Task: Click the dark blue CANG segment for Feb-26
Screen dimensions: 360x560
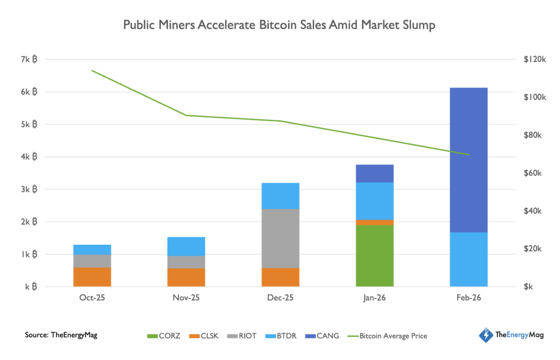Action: [469, 160]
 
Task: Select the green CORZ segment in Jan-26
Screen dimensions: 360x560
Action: [375, 255]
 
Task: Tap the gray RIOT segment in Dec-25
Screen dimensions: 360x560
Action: [281, 238]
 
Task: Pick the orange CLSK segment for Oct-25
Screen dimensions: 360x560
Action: [92, 277]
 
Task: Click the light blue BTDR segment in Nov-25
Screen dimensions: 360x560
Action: [186, 246]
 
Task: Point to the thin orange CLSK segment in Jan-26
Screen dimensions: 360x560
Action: [375, 222]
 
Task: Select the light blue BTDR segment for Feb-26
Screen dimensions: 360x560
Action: [469, 259]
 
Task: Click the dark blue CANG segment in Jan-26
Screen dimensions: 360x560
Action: [375, 174]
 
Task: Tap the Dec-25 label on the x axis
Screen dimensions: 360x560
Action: [281, 298]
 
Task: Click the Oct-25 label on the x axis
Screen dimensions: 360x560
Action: [92, 298]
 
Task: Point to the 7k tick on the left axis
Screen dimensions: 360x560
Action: [29, 59]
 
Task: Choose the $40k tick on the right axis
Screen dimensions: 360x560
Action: [535, 211]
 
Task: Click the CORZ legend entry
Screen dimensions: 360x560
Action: [164, 336]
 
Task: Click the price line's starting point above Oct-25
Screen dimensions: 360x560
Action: [92, 71]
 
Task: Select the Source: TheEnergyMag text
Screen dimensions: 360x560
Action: [61, 335]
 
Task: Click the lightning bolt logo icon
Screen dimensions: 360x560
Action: [485, 335]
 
